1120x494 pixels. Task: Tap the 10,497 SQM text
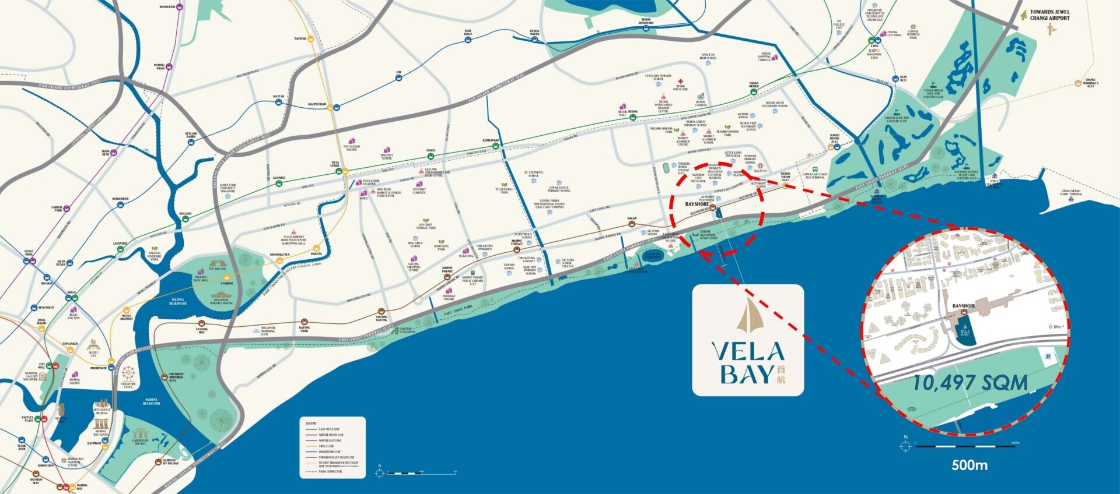pos(970,383)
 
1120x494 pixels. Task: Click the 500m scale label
pos(970,465)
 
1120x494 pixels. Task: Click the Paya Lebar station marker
pos(345,171)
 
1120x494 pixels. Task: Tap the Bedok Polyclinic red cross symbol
pos(680,82)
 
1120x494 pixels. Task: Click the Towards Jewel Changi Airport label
pos(1049,15)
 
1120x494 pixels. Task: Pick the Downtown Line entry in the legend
pos(330,451)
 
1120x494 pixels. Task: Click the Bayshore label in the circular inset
pos(964,306)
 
